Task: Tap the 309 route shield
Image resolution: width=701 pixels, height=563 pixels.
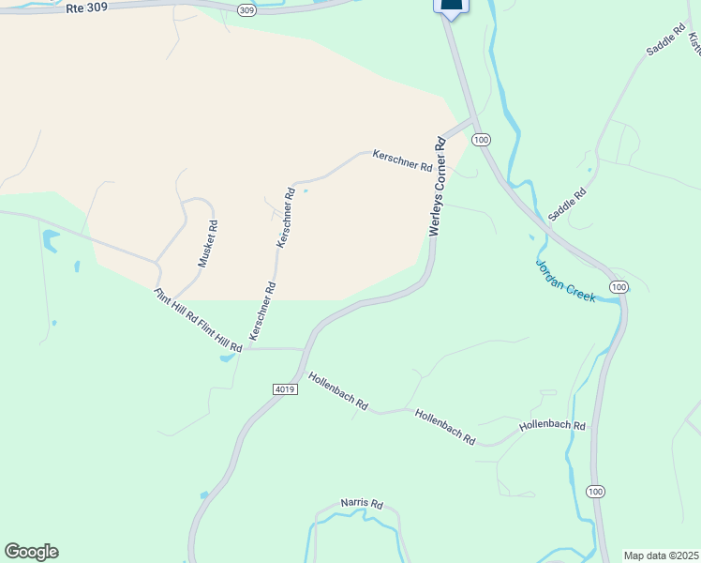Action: tap(246, 10)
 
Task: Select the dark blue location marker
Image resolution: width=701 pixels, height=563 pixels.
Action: tap(451, 6)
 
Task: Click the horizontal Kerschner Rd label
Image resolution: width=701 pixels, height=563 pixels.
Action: tap(402, 160)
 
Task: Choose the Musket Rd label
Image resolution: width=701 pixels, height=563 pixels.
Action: tap(208, 243)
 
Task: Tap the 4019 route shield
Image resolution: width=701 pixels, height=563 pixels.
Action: tap(286, 389)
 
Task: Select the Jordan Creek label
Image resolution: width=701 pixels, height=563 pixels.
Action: tap(565, 280)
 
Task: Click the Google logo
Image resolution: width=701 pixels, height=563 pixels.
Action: tap(31, 552)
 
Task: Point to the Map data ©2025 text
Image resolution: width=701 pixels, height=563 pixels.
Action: tap(660, 555)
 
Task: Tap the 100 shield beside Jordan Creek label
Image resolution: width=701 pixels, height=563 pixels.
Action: tap(617, 286)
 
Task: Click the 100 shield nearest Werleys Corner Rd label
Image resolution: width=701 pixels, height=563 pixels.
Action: tap(481, 140)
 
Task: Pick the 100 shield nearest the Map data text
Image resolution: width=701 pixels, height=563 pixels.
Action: tap(595, 491)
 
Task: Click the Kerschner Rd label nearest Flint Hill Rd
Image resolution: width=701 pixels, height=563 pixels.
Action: tap(262, 311)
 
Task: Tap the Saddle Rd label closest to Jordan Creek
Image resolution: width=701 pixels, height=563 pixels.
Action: tap(567, 204)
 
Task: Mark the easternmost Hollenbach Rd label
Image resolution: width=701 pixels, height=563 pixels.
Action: tap(552, 426)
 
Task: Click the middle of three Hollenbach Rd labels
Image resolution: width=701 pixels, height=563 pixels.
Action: tap(445, 427)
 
